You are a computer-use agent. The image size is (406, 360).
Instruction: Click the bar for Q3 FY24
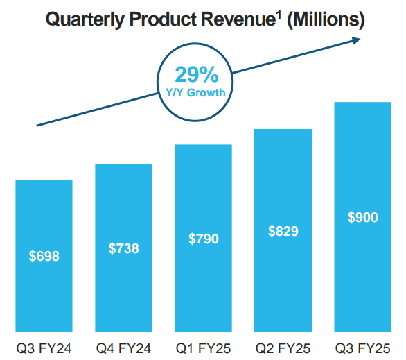[44, 255]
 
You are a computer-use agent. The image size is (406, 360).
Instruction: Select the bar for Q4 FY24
[124, 248]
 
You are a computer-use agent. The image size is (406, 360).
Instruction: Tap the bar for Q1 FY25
[204, 238]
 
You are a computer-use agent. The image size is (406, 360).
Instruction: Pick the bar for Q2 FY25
[283, 230]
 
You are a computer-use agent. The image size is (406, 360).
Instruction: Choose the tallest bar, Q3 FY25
[363, 217]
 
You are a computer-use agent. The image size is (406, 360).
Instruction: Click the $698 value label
[44, 256]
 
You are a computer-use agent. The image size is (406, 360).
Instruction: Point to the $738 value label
[124, 248]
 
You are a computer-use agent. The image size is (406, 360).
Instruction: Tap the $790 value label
[204, 239]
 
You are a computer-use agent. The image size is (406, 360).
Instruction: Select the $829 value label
[283, 231]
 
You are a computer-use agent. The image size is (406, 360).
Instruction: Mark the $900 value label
[363, 217]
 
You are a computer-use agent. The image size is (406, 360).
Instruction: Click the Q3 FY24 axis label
[44, 348]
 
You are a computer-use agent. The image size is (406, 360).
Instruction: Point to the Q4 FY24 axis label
[123, 348]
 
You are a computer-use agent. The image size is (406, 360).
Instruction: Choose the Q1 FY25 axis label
[203, 348]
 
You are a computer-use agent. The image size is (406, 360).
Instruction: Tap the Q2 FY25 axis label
[283, 348]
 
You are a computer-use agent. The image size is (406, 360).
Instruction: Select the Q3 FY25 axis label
[363, 348]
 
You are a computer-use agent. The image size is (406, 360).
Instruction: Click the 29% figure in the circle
[197, 75]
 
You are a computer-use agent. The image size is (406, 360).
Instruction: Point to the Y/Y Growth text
[195, 92]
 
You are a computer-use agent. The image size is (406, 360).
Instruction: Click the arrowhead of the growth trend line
[356, 40]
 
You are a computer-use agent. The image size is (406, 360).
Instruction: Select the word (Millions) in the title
[326, 19]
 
